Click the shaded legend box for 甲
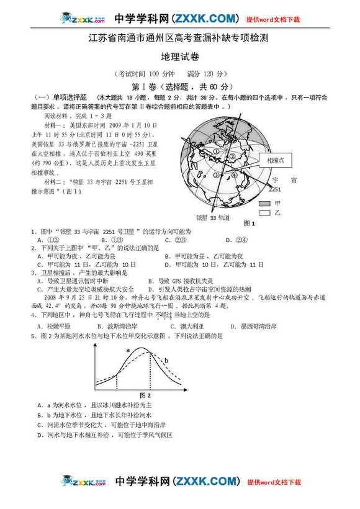[x=265, y=203]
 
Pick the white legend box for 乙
[x=265, y=212]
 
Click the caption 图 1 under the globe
[x=250, y=223]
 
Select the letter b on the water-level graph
[x=166, y=359]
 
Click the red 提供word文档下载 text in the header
[x=273, y=20]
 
